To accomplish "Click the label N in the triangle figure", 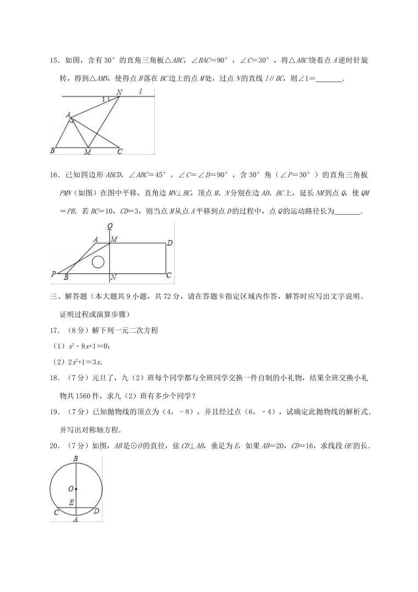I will point(119,92).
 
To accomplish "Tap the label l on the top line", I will point(140,92).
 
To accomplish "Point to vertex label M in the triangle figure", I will point(88,152).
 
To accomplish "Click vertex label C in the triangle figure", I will point(119,152).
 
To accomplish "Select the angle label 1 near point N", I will point(103,100).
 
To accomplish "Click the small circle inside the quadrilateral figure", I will point(98,262).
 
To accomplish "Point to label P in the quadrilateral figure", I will point(54,274).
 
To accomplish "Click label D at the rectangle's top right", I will point(169,243).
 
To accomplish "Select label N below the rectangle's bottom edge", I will point(113,277).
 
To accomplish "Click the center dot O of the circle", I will point(76,489).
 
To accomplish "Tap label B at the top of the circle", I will point(76,459).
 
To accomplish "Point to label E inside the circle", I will point(71,503).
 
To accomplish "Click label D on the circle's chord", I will point(96,511).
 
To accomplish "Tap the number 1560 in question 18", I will point(83,396).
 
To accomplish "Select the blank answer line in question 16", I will point(347,212).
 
